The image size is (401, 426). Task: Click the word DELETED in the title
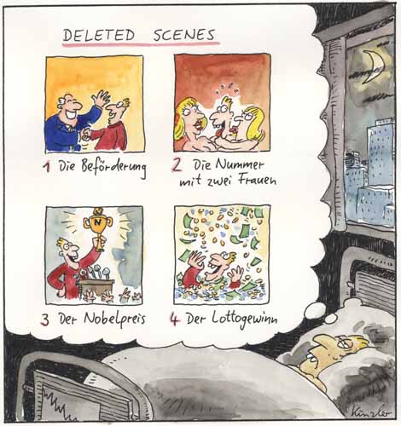pos(98,36)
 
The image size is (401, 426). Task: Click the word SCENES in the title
pos(183,35)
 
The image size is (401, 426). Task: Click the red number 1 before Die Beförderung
pos(47,167)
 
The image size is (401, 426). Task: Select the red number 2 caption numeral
pos(177,165)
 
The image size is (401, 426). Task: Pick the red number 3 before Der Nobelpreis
pos(45,319)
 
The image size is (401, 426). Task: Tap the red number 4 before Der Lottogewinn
pos(174,319)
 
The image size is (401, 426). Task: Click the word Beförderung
pos(113,168)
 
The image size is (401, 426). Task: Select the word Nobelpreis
pos(114,319)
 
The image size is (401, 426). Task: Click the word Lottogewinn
pos(245,319)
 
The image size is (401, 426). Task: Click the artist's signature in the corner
pos(371,411)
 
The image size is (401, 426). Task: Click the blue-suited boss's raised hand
pos(100,98)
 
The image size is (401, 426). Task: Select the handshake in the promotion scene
pos(86,134)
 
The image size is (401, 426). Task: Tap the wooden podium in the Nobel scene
pos(96,287)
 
